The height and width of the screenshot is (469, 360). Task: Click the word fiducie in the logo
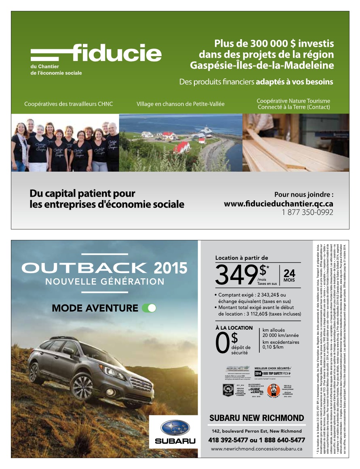pos(117,53)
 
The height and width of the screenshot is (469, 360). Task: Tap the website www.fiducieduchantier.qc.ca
pos(278,204)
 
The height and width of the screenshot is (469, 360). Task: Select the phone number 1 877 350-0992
pos(307,212)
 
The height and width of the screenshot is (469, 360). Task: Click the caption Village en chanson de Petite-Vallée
pos(180,104)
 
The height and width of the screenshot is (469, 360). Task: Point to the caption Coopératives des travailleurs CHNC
pos(69,104)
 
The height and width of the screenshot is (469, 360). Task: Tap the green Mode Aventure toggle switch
pos(149,308)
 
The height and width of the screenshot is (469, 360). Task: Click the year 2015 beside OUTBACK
pos(171,267)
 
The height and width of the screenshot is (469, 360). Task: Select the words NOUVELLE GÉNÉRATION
pos(105,282)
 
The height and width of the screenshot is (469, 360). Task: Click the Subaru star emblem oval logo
pos(175,428)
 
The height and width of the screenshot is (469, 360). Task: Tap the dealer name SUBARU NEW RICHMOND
pos(257,417)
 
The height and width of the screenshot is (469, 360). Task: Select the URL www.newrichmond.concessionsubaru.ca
pos(257,449)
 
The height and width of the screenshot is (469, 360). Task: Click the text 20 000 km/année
pos(280,335)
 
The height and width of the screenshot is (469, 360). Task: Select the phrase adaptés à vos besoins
pos(294,82)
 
